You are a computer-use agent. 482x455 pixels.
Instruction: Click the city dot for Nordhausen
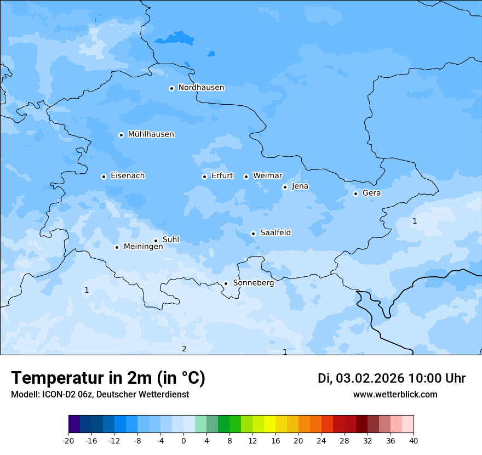(171, 88)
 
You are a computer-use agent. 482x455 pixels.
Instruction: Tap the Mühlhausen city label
(151, 134)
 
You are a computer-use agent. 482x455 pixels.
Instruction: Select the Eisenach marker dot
(104, 177)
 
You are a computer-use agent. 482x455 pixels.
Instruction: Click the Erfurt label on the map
(222, 176)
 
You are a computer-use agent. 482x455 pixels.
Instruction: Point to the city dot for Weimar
(246, 177)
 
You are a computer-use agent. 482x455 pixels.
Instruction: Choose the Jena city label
(300, 186)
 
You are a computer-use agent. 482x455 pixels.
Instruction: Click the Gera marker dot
(355, 194)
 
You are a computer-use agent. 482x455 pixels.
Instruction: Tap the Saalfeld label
(275, 233)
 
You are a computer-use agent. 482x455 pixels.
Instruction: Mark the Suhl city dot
(156, 241)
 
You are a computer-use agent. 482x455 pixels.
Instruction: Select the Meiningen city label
(143, 247)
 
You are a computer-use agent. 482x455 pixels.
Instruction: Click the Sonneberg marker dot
(226, 284)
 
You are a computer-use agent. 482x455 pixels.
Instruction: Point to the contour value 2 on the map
(184, 349)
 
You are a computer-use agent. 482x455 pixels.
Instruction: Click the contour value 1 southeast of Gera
(415, 221)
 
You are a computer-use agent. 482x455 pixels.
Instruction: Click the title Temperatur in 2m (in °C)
(108, 378)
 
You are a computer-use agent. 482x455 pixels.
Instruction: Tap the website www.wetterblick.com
(395, 395)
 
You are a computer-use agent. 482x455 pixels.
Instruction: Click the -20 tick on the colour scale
(68, 441)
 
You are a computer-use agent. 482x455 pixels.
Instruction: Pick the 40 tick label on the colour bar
(414, 441)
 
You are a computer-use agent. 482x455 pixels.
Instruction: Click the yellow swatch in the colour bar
(269, 424)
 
